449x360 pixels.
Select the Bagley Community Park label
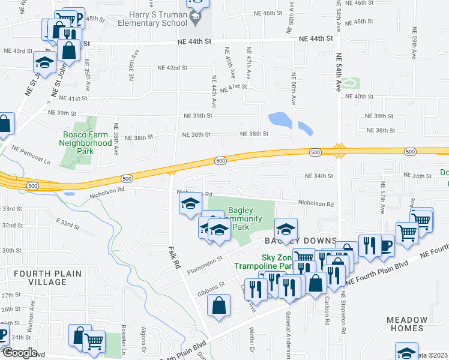[245, 219]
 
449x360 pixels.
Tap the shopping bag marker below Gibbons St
[219, 305]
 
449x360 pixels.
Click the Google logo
[20, 353]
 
